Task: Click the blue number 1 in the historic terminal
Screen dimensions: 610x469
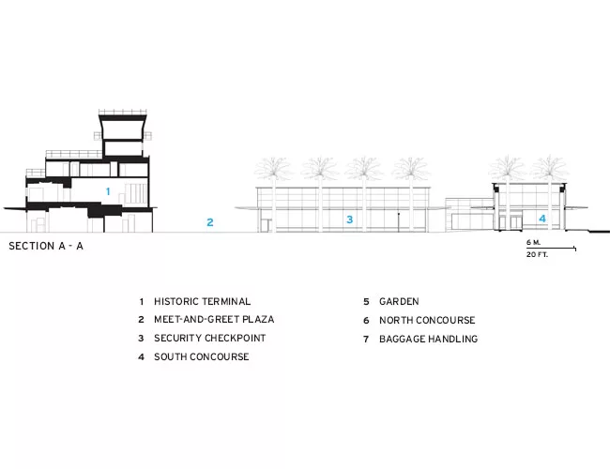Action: click(x=108, y=191)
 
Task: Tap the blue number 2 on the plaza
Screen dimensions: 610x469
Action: click(x=210, y=222)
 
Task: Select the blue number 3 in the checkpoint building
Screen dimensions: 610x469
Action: click(x=350, y=219)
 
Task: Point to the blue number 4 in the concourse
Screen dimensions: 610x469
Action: click(x=542, y=219)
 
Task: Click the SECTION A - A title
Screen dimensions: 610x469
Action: click(x=46, y=246)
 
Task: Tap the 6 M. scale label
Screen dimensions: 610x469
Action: click(x=533, y=242)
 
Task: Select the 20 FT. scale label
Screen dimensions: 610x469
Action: click(x=537, y=255)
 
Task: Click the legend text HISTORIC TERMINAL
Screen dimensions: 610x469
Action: click(x=203, y=301)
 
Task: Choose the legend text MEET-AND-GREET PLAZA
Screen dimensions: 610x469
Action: click(x=214, y=319)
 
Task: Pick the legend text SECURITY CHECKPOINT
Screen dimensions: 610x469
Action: click(x=209, y=338)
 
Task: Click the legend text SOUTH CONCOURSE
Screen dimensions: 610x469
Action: click(x=202, y=356)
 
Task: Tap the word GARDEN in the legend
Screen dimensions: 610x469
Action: click(x=399, y=301)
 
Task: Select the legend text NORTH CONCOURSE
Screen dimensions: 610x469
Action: click(x=427, y=320)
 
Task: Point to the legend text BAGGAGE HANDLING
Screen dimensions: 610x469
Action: click(x=428, y=339)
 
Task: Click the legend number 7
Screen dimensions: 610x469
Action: click(x=366, y=340)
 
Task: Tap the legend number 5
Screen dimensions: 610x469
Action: click(x=366, y=302)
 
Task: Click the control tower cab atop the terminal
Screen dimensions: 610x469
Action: click(x=123, y=128)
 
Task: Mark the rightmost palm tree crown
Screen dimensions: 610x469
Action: click(x=549, y=169)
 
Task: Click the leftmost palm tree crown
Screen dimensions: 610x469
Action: click(x=273, y=169)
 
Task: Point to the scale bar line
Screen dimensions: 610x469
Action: click(x=551, y=248)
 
